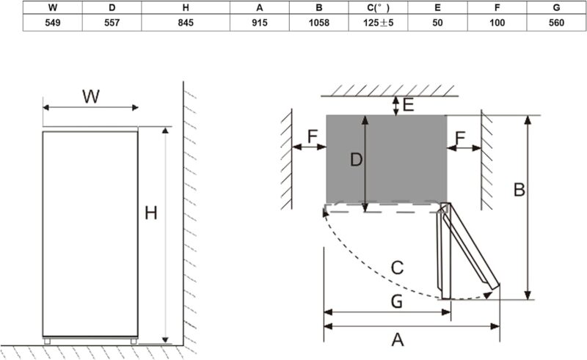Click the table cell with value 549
(52, 23)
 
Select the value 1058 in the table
(319, 23)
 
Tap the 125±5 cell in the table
(378, 23)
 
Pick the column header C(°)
(378, 7)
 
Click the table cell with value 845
(186, 23)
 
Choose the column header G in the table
(556, 7)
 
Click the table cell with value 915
(260, 23)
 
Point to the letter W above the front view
(91, 96)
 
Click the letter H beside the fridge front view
(151, 213)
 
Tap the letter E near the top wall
(409, 104)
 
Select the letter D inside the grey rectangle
(356, 160)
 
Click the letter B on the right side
(519, 190)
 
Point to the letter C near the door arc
(397, 268)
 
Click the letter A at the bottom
(398, 339)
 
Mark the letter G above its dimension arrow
(396, 301)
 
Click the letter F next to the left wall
(313, 136)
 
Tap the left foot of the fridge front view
(47, 341)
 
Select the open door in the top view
(468, 251)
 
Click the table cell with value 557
(112, 23)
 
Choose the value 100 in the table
(497, 23)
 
